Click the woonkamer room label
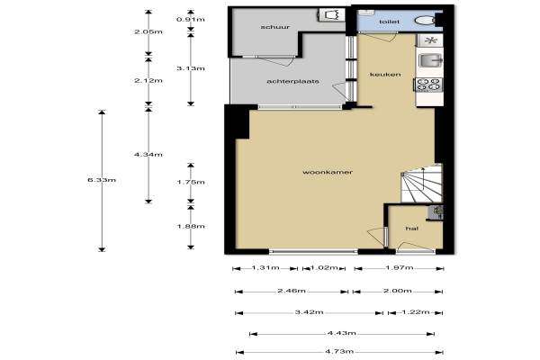click(328, 172)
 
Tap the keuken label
click(385, 74)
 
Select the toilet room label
click(389, 22)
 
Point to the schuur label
click(275, 27)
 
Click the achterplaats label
click(292, 81)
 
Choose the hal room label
click(412, 229)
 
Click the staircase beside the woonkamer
click(421, 184)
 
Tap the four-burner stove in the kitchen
click(429, 85)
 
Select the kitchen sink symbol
click(430, 60)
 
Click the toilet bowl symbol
click(425, 21)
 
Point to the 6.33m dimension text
click(102, 180)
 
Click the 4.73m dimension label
click(339, 351)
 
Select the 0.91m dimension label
click(191, 19)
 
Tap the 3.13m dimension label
click(191, 68)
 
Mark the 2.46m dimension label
click(292, 291)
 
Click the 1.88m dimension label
click(191, 226)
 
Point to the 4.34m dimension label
click(148, 154)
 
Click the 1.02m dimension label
click(324, 267)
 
